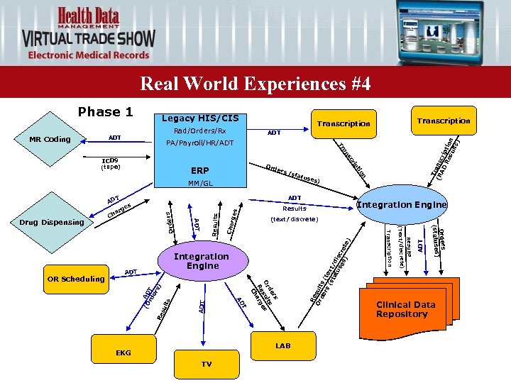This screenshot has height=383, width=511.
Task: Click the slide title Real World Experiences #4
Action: click(255, 84)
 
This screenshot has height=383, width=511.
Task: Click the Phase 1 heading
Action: click(105, 112)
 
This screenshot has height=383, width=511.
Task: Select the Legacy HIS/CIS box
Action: click(200, 118)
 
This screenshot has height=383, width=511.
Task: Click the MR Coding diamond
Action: click(50, 139)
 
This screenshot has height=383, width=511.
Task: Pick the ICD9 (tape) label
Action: click(111, 164)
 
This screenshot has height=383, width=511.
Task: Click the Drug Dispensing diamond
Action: click(53, 223)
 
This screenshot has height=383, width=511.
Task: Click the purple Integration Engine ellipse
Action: click(202, 261)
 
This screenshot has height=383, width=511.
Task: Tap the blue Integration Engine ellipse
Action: click(402, 205)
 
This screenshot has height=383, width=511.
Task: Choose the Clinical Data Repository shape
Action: click(405, 310)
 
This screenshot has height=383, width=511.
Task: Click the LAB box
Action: click(282, 345)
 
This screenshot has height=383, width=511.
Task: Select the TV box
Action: click(206, 364)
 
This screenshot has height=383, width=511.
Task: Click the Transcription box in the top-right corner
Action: click(444, 121)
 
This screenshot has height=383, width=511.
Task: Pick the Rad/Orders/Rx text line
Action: click(199, 131)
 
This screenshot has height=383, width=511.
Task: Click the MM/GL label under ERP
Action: click(201, 184)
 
